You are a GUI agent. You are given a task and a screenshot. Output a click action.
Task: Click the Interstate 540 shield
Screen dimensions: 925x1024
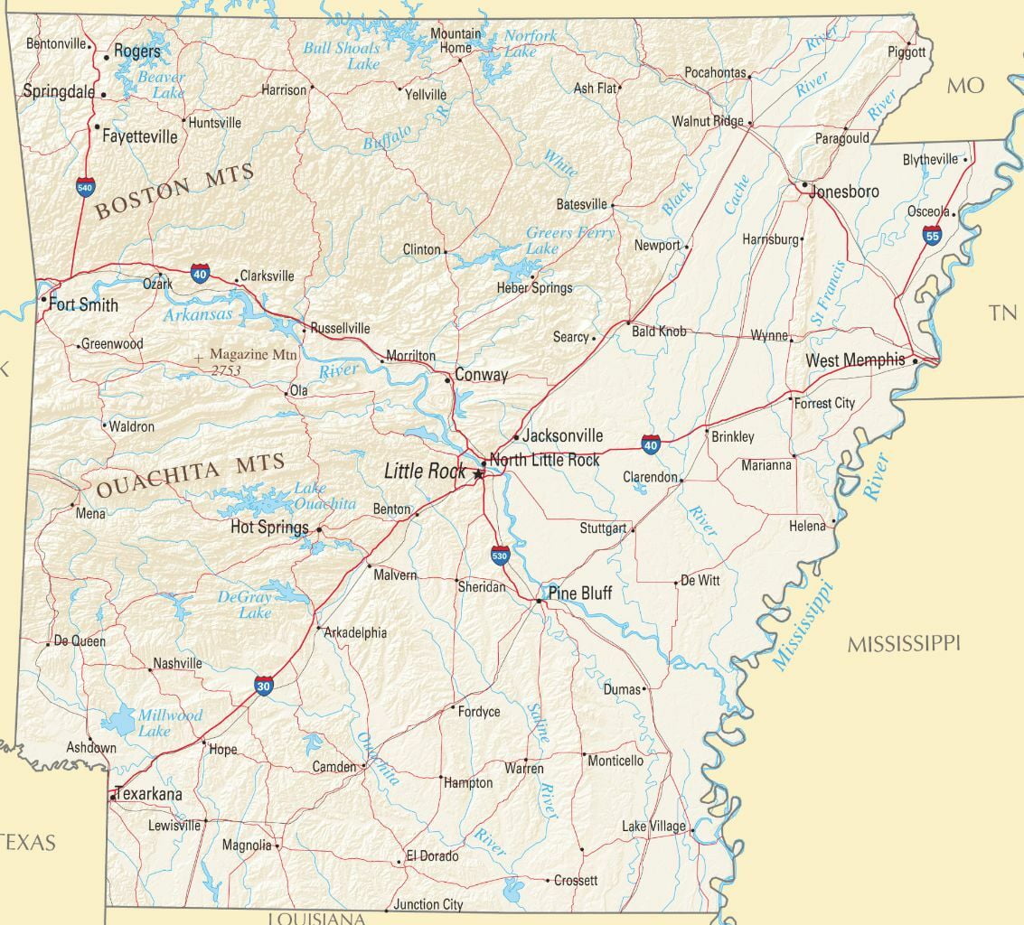tap(85, 188)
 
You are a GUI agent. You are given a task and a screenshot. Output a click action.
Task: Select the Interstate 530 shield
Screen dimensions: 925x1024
tap(500, 554)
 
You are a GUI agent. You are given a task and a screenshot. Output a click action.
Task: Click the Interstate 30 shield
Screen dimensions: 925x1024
tap(263, 687)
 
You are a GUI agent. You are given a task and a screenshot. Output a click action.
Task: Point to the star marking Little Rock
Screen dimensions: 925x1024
tap(478, 472)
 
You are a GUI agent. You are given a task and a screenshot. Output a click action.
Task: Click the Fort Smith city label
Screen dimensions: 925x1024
tap(83, 304)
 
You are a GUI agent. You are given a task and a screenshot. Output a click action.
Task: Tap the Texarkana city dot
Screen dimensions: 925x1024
tap(113, 796)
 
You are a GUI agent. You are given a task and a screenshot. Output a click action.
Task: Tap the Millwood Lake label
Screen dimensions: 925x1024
tap(169, 723)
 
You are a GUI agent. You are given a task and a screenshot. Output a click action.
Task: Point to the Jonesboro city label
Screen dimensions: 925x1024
tap(844, 192)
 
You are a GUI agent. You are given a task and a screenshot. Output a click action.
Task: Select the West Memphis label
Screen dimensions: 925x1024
tap(855, 360)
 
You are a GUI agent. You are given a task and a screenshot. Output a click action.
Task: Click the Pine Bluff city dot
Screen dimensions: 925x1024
tap(540, 600)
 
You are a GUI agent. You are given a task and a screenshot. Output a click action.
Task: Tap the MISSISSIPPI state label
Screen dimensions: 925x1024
tap(903, 643)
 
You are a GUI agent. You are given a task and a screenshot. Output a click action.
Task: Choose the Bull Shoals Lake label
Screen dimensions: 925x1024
tap(341, 55)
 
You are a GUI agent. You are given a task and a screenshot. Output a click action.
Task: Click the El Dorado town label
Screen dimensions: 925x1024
tap(432, 855)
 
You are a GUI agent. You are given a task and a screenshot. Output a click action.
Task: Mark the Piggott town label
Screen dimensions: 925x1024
tap(907, 52)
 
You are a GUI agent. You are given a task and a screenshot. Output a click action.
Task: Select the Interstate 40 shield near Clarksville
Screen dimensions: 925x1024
tap(200, 273)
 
